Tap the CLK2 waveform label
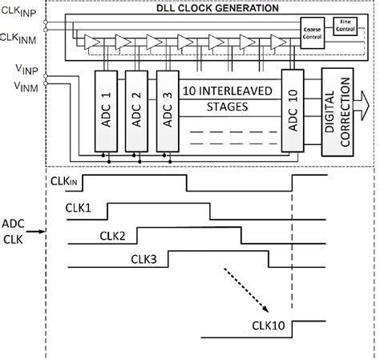pyautogui.click(x=113, y=235)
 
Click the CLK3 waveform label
pyautogui.click(x=144, y=258)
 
